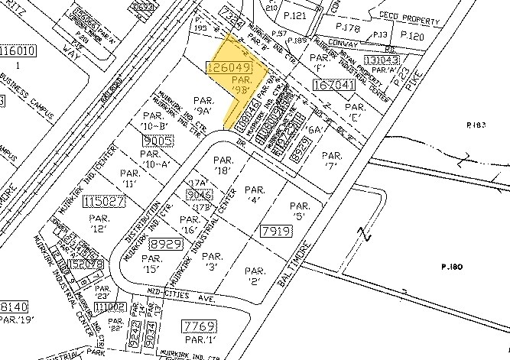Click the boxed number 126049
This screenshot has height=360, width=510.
(227, 69)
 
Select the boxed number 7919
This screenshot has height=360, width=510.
(278, 229)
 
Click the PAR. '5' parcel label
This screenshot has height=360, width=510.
(300, 211)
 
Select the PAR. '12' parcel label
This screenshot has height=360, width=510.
(100, 223)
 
